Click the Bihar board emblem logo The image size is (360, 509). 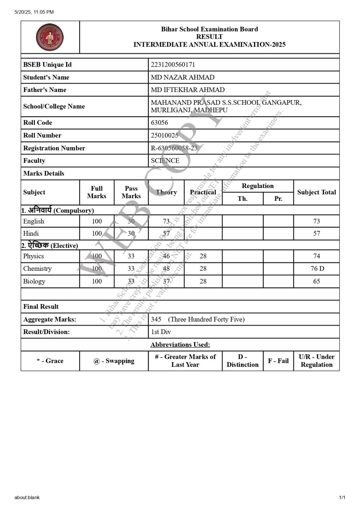[50, 37]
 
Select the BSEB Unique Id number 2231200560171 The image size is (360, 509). [173, 65]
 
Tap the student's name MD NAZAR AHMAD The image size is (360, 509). [182, 77]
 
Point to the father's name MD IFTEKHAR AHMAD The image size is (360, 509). [187, 90]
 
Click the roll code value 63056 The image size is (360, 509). [159, 122]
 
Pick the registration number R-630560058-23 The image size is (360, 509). [174, 148]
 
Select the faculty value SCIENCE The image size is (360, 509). [165, 161]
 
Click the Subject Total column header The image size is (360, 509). [316, 192]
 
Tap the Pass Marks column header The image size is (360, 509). [131, 192]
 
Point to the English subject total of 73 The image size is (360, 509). [316, 221]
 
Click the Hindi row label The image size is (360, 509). [31, 233]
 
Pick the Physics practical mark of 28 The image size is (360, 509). [203, 256]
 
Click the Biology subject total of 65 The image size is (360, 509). [316, 281]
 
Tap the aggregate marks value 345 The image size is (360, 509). [156, 319]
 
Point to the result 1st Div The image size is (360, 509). [161, 332]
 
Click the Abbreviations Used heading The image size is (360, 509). [180, 345]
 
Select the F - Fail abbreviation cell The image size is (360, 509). [278, 361]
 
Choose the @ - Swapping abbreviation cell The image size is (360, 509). [114, 361]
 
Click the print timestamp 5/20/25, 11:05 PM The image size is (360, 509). [34, 12]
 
